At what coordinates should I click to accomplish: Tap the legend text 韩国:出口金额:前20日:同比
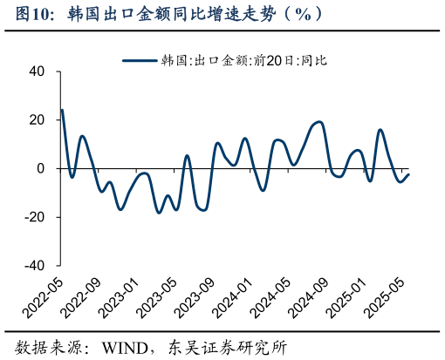(244, 60)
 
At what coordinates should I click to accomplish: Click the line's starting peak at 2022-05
(62, 110)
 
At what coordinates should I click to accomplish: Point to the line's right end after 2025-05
(408, 174)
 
